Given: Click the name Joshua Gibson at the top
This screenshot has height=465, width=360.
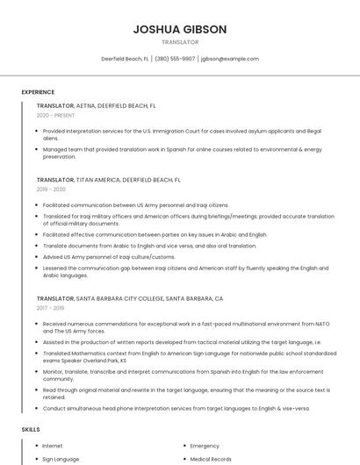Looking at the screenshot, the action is tap(180, 29).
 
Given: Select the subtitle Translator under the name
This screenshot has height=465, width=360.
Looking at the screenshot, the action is tap(180, 42).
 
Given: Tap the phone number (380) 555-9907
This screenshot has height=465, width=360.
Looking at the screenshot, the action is tap(175, 59).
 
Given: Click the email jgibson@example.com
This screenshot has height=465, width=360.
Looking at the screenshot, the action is tap(230, 59).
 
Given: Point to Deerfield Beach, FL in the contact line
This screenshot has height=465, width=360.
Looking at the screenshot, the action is tap(125, 59).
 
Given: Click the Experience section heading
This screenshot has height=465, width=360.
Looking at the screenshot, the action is tap(38, 92).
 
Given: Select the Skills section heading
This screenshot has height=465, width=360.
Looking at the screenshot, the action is tap(31, 429).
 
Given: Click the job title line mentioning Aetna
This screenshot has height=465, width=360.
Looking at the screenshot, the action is tap(97, 105).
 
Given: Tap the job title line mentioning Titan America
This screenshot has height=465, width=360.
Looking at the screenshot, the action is tap(109, 180).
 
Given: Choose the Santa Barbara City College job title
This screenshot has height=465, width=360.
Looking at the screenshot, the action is tap(130, 298).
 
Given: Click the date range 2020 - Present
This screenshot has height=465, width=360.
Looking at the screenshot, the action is tap(55, 115).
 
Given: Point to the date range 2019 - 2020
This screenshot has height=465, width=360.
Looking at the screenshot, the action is tap(51, 190).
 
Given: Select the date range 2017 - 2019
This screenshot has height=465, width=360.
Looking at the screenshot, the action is tap(51, 308).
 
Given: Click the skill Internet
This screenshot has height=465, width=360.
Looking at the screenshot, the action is tap(53, 446).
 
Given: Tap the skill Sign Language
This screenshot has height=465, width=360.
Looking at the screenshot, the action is tap(61, 459).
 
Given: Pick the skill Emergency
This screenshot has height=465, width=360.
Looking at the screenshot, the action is tap(205, 446).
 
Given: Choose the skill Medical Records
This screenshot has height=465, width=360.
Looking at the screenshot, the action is tap(211, 459).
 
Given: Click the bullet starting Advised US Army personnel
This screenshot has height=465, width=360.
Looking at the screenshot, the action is tap(109, 257).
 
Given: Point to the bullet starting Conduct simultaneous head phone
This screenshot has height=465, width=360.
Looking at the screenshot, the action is tap(176, 408).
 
